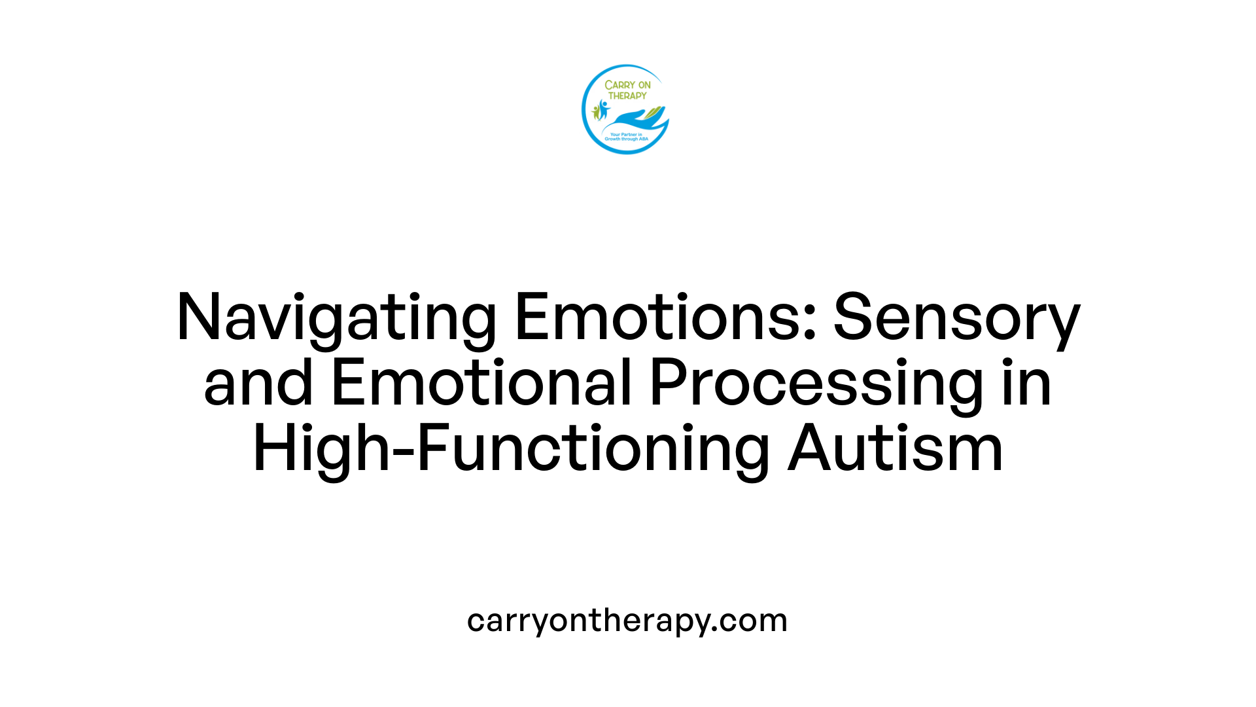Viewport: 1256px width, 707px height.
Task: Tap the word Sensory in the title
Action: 956,318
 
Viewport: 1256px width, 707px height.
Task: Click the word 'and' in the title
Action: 258,383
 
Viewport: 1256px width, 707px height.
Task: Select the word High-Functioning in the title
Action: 511,450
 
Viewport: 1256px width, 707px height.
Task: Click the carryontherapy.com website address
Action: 627,621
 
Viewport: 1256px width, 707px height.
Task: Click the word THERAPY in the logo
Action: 627,96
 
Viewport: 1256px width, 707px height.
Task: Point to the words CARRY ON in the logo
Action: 627,85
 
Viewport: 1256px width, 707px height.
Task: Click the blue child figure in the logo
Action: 603,109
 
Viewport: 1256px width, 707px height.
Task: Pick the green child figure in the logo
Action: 596,113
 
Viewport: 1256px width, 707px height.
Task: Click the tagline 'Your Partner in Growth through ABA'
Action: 626,137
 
